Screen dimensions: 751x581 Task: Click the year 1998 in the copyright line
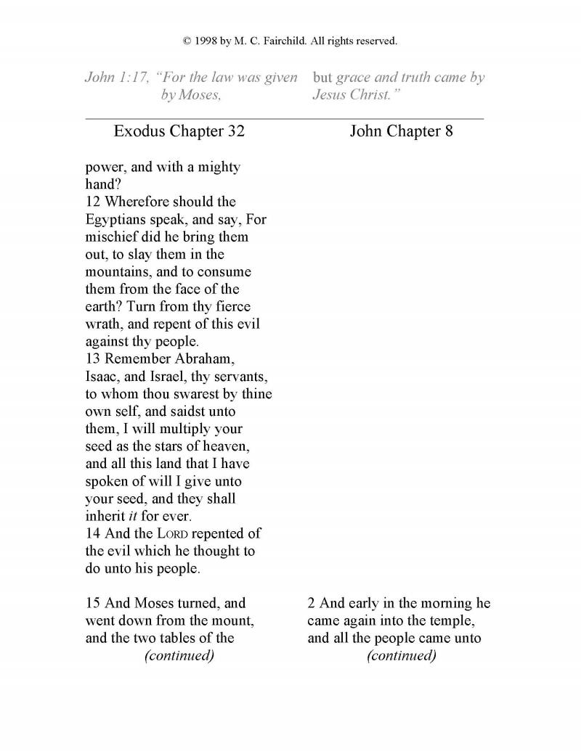(x=207, y=41)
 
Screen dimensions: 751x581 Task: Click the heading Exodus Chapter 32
(x=179, y=131)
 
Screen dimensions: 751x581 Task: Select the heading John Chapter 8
(x=401, y=131)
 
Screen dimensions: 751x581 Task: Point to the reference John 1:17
(x=116, y=78)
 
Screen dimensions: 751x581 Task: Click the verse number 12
(x=94, y=202)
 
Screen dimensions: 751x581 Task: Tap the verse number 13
(x=94, y=358)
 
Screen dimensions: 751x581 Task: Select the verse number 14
(x=94, y=533)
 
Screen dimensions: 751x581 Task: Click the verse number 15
(x=94, y=603)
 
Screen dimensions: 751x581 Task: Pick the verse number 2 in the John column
(x=312, y=603)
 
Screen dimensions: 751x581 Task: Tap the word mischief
(x=113, y=237)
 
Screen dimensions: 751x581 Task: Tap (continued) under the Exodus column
(x=179, y=656)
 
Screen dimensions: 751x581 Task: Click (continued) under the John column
(x=402, y=656)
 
